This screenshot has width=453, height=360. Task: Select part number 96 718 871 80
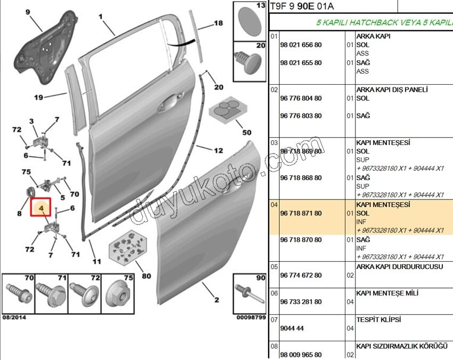click(x=301, y=213)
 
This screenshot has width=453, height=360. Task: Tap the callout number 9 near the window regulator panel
click(x=28, y=11)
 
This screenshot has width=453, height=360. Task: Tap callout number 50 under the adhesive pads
click(x=246, y=132)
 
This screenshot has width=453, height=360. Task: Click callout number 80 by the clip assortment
click(x=146, y=276)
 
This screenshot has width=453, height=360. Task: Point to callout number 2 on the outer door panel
click(x=216, y=300)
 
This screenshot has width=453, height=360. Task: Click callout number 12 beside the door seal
click(x=219, y=150)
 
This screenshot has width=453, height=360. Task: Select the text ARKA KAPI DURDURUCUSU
click(x=399, y=266)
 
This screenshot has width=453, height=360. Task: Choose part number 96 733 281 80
click(x=301, y=302)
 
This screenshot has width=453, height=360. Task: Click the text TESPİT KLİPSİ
click(x=378, y=319)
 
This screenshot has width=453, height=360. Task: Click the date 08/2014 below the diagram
click(x=14, y=317)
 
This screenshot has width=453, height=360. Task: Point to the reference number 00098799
click(x=250, y=317)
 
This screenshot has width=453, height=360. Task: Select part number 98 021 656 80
click(x=301, y=45)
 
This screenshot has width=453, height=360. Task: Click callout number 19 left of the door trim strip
click(x=38, y=97)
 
